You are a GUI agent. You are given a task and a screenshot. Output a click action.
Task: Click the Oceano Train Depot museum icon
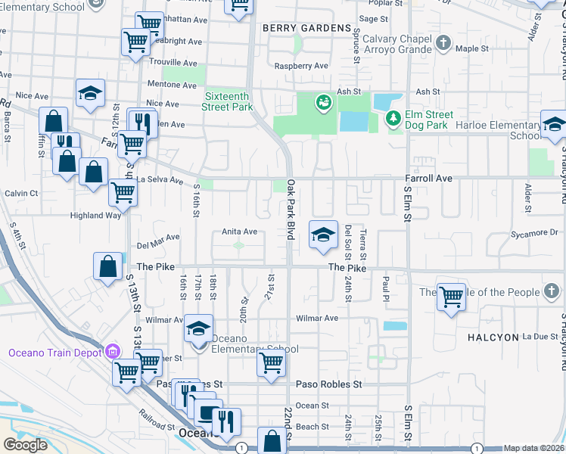point(114,351)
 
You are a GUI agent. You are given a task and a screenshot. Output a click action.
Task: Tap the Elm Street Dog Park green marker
point(393,118)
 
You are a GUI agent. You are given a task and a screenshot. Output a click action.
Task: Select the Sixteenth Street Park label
point(228,101)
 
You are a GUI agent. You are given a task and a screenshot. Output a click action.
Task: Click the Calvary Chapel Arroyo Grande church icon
point(444,43)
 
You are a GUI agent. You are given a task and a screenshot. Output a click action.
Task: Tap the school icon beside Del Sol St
point(322,235)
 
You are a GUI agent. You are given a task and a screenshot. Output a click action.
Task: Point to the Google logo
point(25,444)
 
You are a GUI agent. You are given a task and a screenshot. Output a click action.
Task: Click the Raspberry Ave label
point(301,66)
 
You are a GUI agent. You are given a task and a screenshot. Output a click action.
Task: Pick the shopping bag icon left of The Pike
point(108,266)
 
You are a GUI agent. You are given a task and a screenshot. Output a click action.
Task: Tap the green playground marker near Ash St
point(323,102)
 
